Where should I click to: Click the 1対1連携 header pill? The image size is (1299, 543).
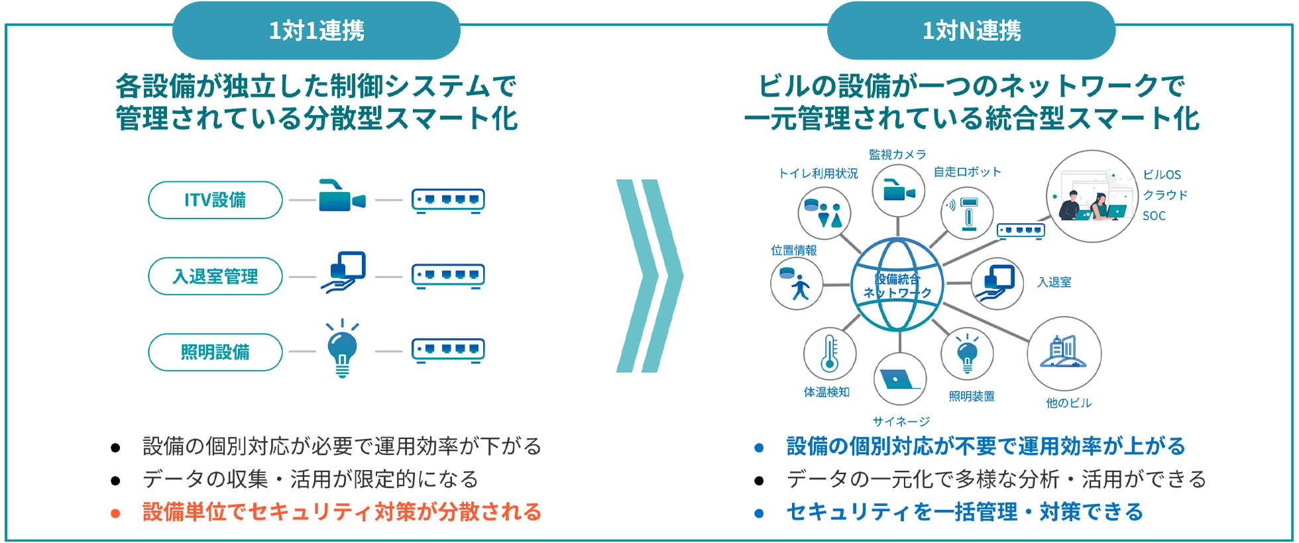(316, 30)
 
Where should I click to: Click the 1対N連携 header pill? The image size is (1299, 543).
(972, 30)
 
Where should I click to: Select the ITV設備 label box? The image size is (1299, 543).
(215, 200)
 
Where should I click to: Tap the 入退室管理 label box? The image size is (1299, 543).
(215, 276)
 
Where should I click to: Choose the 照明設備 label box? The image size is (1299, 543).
(215, 352)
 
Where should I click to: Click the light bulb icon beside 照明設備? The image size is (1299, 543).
(342, 349)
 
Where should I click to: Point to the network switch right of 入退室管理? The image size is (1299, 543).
(448, 276)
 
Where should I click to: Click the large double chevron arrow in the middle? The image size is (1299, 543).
(649, 275)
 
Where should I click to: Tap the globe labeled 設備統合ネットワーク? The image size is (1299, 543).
(897, 285)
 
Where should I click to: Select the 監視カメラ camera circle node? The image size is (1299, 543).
(898, 191)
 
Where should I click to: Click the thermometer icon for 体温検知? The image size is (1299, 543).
(829, 354)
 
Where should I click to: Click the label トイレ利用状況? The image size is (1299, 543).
(818, 173)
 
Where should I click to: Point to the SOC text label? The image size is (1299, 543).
(1154, 216)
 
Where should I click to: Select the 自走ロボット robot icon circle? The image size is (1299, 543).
(968, 213)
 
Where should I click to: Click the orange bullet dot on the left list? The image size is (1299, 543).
(115, 513)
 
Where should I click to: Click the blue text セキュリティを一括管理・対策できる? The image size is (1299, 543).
(965, 512)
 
